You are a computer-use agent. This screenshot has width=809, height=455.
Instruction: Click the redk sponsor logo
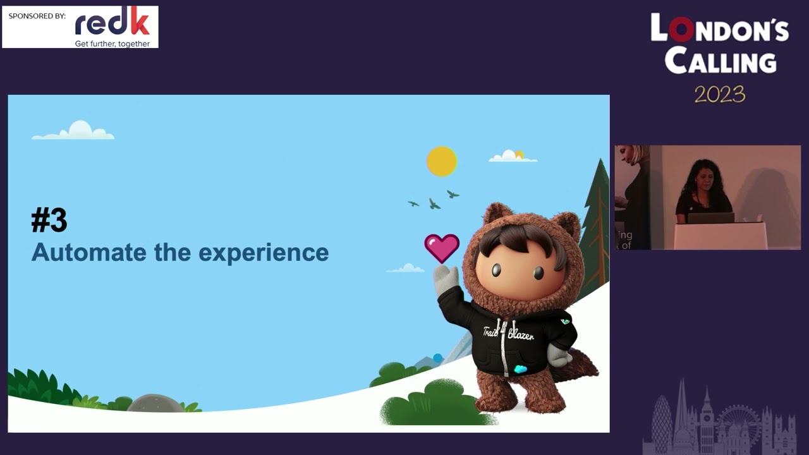(112, 23)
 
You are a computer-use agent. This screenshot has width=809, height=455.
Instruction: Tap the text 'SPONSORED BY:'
(37, 16)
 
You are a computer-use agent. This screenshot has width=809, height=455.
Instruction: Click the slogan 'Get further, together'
(113, 44)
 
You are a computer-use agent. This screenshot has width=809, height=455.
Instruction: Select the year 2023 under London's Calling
(720, 95)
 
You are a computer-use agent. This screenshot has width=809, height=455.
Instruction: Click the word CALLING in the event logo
(721, 62)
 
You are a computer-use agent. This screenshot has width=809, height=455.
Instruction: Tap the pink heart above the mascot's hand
(442, 248)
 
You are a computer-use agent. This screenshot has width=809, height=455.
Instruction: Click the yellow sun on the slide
(441, 161)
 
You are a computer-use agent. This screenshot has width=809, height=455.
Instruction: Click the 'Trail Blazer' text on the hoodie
(508, 333)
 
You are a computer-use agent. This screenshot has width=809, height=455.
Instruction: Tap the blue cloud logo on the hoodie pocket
(520, 369)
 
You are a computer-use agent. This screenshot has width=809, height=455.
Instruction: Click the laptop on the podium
(710, 217)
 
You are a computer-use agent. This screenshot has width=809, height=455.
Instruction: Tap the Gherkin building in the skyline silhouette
(661, 420)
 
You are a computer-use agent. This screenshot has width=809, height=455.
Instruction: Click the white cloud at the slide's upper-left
(75, 131)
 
